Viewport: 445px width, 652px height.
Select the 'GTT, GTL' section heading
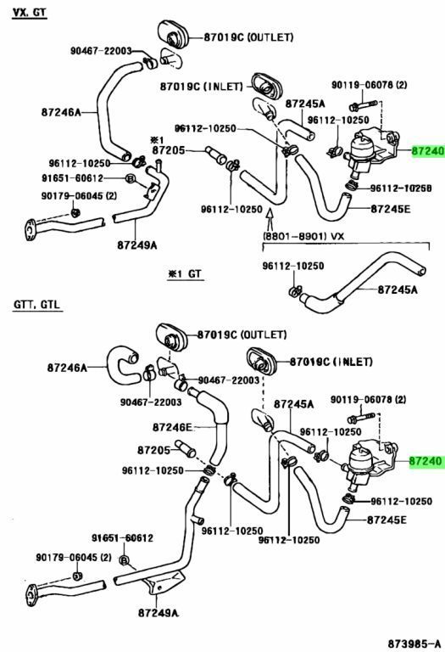36,304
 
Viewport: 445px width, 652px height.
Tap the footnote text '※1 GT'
186,273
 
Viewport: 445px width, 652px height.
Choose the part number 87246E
172,427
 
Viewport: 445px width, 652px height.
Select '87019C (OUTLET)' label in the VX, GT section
248,37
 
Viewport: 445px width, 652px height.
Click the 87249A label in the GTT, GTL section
159,612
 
